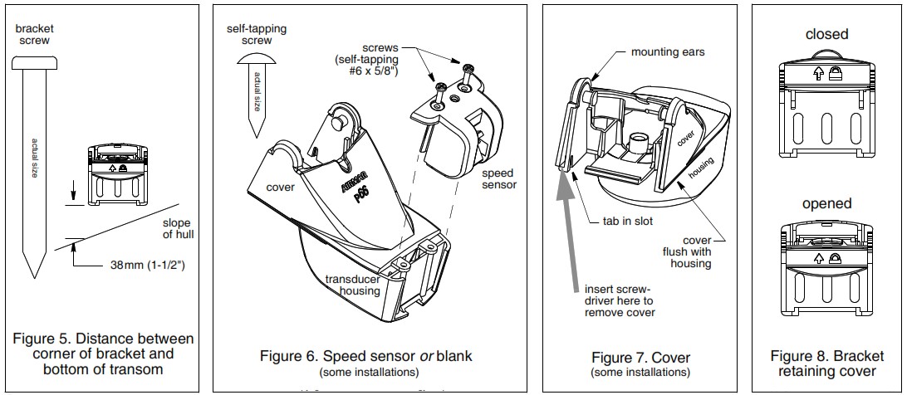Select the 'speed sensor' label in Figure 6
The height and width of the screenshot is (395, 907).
click(498, 178)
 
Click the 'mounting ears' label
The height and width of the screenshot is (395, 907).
click(666, 52)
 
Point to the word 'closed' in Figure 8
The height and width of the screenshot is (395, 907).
click(826, 34)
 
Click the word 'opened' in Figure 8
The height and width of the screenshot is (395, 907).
click(826, 203)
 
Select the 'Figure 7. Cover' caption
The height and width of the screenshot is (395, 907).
click(640, 358)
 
